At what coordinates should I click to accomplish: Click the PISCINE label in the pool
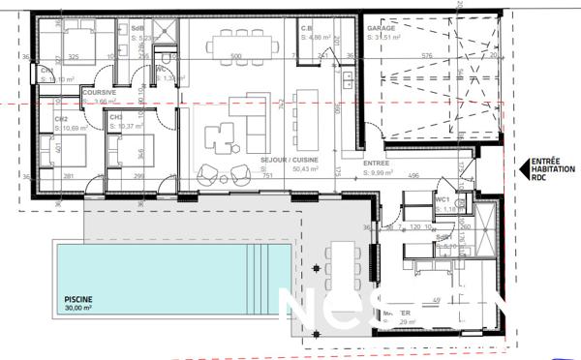pyautogui.click(x=78, y=300)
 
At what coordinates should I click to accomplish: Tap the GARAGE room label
pyautogui.click(x=380, y=29)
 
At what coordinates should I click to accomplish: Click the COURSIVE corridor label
pyautogui.click(x=100, y=93)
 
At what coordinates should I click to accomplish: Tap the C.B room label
pyautogui.click(x=306, y=29)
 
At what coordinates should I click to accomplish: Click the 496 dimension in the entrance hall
pyautogui.click(x=413, y=175)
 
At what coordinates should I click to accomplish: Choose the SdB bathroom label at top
pyautogui.click(x=137, y=29)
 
